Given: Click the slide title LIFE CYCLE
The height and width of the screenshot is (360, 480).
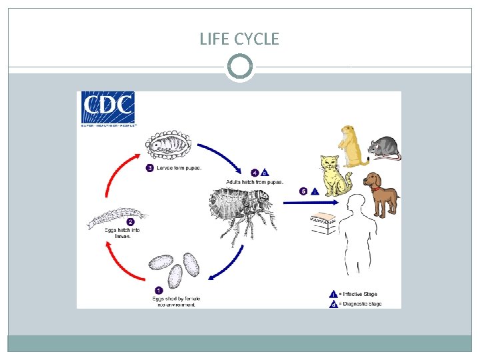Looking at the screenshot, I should [239, 39].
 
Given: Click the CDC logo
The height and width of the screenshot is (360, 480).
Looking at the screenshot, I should [108, 109].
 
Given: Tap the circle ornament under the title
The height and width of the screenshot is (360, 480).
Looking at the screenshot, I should [239, 67].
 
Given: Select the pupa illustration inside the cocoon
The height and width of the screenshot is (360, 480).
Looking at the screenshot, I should [170, 142].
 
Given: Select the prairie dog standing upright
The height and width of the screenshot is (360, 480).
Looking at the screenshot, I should [352, 145].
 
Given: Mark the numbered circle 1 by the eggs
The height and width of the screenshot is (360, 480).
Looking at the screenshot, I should [158, 290].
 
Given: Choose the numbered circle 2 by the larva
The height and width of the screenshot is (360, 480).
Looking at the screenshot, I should [130, 222].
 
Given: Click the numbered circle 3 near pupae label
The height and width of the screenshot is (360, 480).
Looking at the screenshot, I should [150, 168].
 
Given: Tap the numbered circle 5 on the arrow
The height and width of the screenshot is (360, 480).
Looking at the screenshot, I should [303, 191].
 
